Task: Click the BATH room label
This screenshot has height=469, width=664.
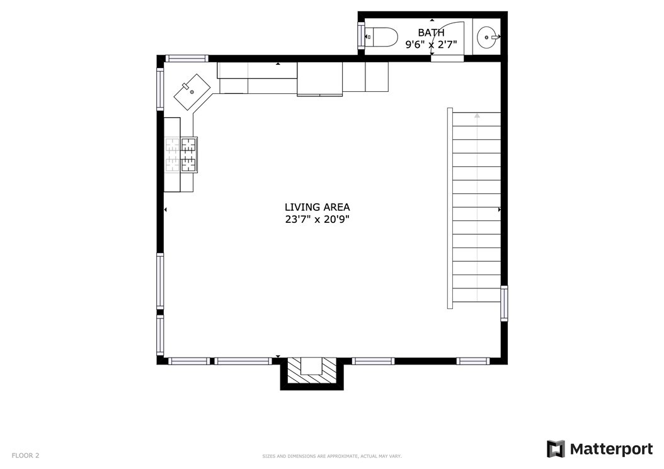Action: pyautogui.click(x=431, y=33)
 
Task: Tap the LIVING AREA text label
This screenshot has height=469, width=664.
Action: pyautogui.click(x=317, y=207)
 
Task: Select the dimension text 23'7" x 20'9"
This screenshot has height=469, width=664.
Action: pyautogui.click(x=317, y=219)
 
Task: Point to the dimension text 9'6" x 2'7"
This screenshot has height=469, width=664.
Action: pyautogui.click(x=431, y=44)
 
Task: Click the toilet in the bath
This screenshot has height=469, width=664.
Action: pyautogui.click(x=381, y=37)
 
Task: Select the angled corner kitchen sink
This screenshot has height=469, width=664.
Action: pyautogui.click(x=193, y=92)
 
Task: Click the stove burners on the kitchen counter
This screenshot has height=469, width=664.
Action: pyautogui.click(x=181, y=154)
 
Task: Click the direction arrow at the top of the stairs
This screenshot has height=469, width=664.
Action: pyautogui.click(x=478, y=115)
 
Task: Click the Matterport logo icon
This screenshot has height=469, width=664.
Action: pyautogui.click(x=556, y=449)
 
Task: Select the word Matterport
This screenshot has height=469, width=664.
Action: pyautogui.click(x=612, y=449)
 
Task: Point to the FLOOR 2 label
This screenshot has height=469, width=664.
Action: pyautogui.click(x=25, y=455)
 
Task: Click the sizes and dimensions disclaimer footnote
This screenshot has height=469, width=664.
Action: pyautogui.click(x=331, y=456)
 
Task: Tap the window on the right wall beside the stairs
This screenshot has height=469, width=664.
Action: pyautogui.click(x=504, y=303)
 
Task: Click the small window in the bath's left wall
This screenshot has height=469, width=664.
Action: pyautogui.click(x=361, y=36)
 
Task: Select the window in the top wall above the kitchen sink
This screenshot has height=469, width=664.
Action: pyautogui.click(x=186, y=59)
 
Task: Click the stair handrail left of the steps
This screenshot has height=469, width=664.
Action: pyautogui.click(x=450, y=208)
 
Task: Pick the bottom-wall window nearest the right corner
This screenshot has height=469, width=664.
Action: pyautogui.click(x=472, y=361)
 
